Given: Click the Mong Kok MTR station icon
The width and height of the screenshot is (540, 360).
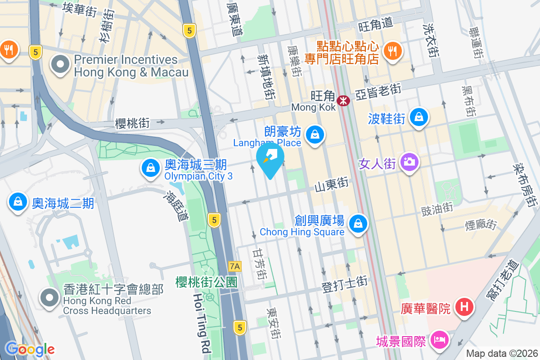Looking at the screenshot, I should point(344,100).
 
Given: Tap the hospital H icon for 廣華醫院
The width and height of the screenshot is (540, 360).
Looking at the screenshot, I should point(464,308).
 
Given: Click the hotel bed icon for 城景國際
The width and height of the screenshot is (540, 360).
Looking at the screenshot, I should point(439,340).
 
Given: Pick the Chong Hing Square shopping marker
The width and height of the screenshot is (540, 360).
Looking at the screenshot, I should point(358,223).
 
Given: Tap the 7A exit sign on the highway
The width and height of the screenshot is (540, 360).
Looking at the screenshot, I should point(235,266).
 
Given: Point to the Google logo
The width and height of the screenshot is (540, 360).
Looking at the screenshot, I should point(30,349).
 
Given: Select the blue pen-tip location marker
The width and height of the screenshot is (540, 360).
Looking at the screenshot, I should point(270,159).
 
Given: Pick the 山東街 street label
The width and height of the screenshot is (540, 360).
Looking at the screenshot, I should point(332,184).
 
